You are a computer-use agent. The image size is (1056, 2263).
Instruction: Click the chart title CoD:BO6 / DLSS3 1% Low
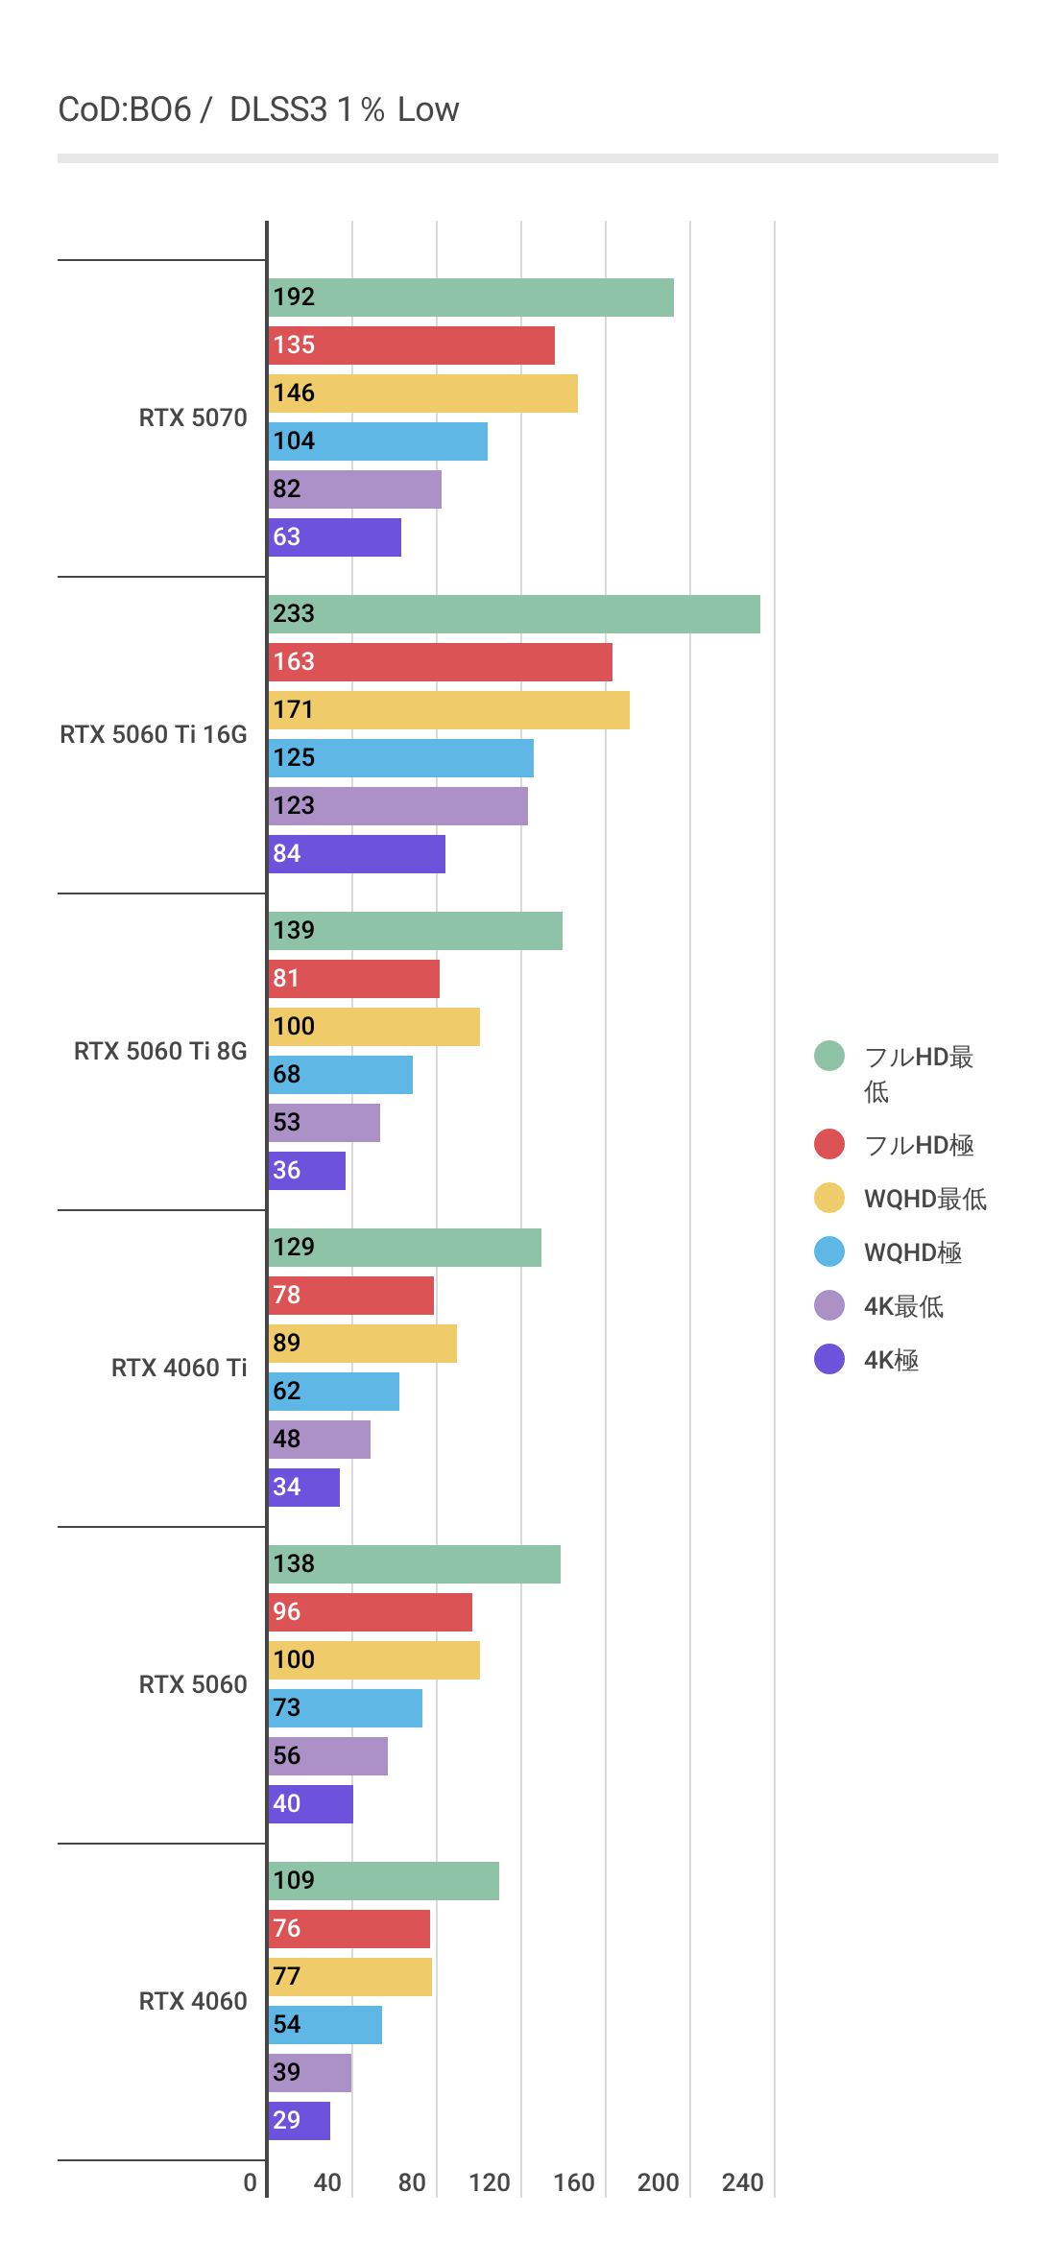coord(258,109)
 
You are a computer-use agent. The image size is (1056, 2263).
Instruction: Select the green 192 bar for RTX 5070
coord(470,298)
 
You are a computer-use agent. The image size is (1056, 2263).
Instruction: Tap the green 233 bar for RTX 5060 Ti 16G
coord(514,614)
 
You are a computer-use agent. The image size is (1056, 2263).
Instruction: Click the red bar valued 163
coord(440,662)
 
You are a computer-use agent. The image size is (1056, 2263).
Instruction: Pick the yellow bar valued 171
coord(448,710)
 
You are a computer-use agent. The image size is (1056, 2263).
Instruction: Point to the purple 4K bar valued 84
coord(356,854)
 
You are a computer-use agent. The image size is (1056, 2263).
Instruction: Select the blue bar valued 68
coord(340,1075)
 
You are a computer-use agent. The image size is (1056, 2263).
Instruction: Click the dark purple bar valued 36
coord(306,1171)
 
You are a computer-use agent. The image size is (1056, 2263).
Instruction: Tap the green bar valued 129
coord(404,1248)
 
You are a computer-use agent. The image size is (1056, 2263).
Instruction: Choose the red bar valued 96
coord(370,1612)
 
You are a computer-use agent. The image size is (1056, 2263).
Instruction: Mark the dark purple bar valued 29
coord(299,2121)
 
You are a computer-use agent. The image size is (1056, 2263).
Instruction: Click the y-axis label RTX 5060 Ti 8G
coord(160,1051)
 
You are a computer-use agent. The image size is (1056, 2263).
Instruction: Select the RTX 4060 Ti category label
coord(179,1368)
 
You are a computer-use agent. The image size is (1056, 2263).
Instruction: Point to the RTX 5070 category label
coord(193,417)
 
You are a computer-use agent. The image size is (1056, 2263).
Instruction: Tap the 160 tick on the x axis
coord(574,2182)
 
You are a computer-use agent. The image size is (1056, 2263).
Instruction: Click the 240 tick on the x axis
coord(743,2182)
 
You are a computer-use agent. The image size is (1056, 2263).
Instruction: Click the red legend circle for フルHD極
coord(829,1144)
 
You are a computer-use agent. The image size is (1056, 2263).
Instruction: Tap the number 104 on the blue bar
coord(294,441)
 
